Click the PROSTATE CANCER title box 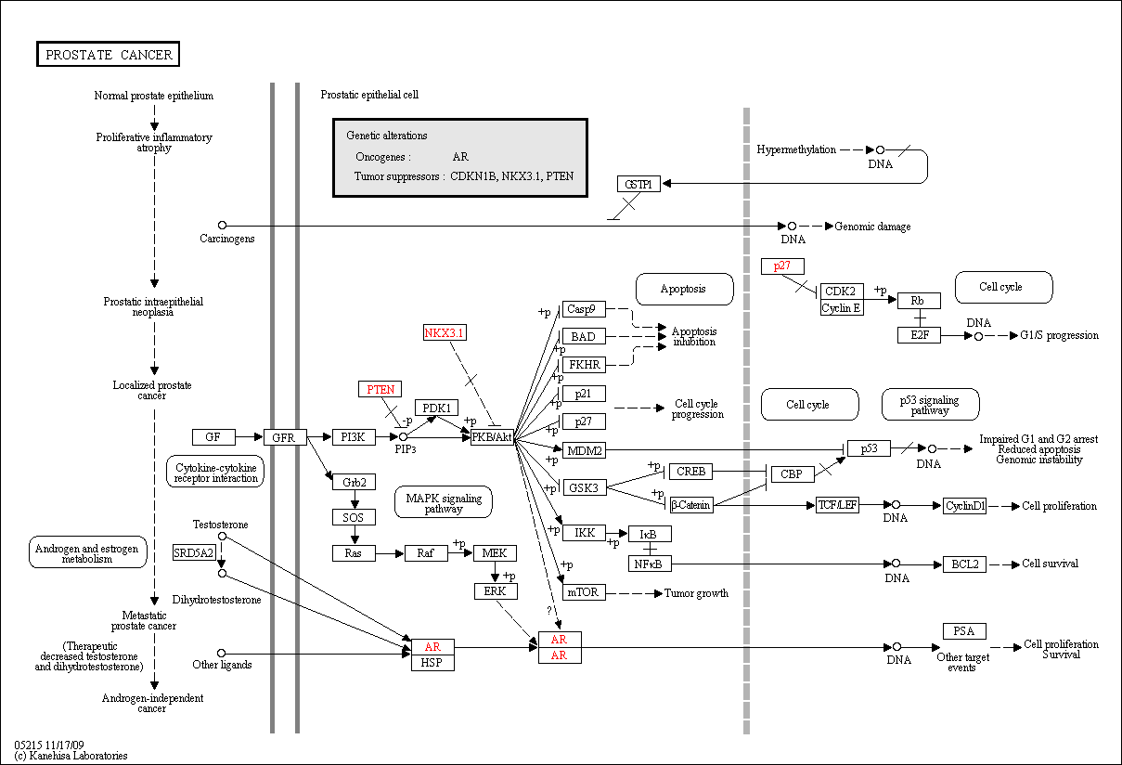coord(109,54)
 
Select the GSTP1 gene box coord(638,184)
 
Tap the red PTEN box coord(380,389)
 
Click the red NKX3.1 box coord(445,332)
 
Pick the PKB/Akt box coord(493,437)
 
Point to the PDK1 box coord(436,408)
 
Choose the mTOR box coord(584,592)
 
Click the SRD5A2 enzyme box coord(194,552)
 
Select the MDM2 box coord(584,450)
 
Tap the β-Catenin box coord(691,505)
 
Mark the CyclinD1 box coord(965,506)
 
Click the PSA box coord(965,631)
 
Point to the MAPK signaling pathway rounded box coord(444,502)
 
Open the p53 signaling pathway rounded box coord(930,404)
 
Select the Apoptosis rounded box coord(685,289)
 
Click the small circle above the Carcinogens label coord(223,226)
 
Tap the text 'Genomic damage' coord(872,227)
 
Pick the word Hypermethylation coord(796,149)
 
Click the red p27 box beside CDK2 coord(782,266)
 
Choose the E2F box coord(919,335)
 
